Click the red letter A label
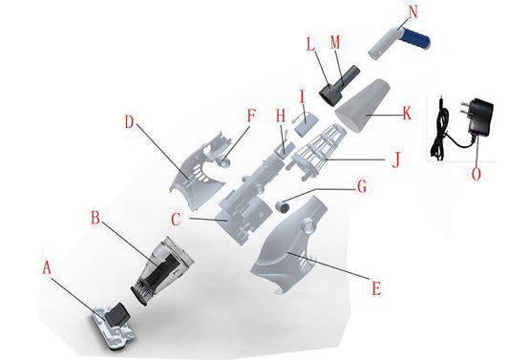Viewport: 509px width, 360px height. [x=47, y=268]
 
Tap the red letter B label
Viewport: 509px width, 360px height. [x=95, y=218]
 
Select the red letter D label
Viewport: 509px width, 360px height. [x=129, y=122]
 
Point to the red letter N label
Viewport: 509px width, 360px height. [x=413, y=12]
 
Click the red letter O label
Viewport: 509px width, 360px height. [x=476, y=174]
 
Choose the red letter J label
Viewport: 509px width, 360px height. [x=395, y=159]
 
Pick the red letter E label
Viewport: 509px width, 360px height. [x=376, y=288]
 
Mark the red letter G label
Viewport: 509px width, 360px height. [x=362, y=186]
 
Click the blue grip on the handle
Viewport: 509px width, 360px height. [x=416, y=37]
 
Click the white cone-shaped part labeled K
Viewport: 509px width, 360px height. [x=362, y=105]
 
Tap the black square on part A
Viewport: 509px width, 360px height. [x=117, y=314]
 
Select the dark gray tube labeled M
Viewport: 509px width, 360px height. [x=348, y=77]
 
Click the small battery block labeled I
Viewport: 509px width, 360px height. [x=307, y=126]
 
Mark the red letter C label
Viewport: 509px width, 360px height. [x=176, y=219]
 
